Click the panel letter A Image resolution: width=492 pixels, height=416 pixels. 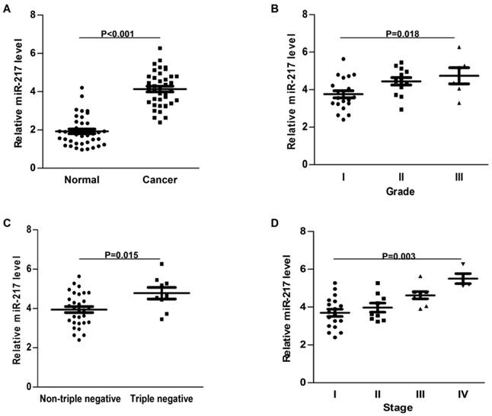[7, 7]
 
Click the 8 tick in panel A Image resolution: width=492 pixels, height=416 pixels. [33, 15]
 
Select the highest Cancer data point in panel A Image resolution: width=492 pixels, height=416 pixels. [160, 49]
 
